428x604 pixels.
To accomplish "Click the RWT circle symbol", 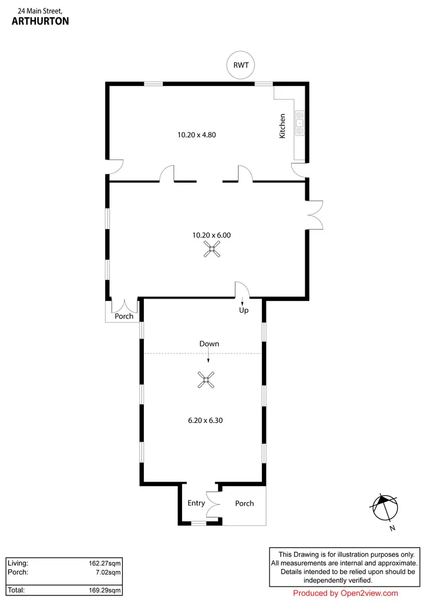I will click(240, 65).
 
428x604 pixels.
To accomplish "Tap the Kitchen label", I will click(282, 126).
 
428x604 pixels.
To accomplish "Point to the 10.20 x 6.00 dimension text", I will click(211, 235).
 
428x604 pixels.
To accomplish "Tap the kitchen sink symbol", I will click(300, 121).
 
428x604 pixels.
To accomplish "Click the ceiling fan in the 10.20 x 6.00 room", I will click(212, 249).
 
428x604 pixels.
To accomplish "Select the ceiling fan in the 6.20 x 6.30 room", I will click(207, 380).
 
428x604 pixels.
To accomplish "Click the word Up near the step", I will click(244, 311).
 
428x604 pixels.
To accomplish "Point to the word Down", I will click(209, 344).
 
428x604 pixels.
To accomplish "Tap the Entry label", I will click(196, 503).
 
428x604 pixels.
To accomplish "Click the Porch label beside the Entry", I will click(244, 503).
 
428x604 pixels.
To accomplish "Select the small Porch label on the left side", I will click(124, 316).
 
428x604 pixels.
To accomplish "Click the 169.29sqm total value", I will click(103, 590).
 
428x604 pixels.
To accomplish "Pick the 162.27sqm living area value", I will click(103, 563).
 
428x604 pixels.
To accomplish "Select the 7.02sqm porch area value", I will click(106, 572).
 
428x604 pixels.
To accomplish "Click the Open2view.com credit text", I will click(345, 593).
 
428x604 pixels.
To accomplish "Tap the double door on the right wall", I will click(314, 215).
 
